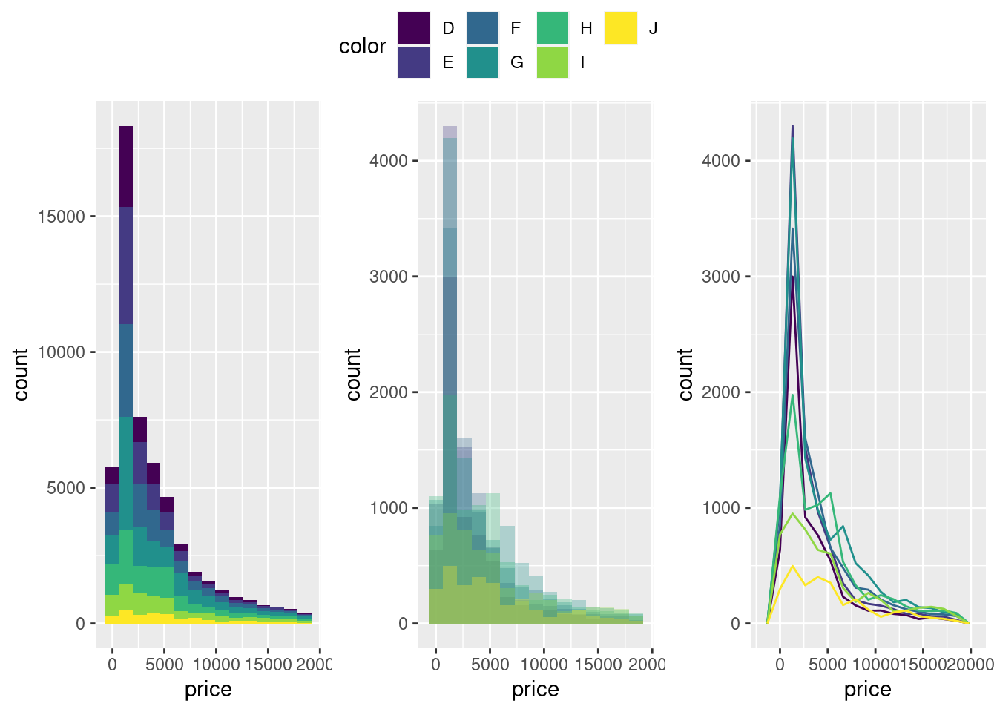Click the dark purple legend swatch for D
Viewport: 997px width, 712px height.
point(414,28)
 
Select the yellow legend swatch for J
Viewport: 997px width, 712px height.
point(621,28)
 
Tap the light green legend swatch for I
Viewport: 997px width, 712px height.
point(552,62)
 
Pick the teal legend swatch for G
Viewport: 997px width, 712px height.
point(483,62)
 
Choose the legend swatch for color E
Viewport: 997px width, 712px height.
point(414,62)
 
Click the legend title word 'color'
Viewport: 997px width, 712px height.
point(362,46)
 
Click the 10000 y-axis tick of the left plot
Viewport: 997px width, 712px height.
point(62,352)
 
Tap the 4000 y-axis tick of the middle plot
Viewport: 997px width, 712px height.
point(389,161)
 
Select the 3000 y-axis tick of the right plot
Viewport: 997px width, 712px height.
point(721,277)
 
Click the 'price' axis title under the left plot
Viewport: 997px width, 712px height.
point(208,690)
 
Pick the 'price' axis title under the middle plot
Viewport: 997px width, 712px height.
point(535,690)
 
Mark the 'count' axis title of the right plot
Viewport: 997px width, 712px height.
point(685,375)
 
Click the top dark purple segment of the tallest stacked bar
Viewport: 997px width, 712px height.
point(126,166)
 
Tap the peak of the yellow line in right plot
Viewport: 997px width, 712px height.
point(793,566)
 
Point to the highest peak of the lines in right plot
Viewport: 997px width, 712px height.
point(792,126)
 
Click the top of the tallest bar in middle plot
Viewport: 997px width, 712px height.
point(450,127)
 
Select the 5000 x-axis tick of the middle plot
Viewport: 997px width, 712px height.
point(490,665)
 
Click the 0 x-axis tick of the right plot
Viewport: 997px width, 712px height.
point(780,665)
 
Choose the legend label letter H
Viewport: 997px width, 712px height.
point(586,28)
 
